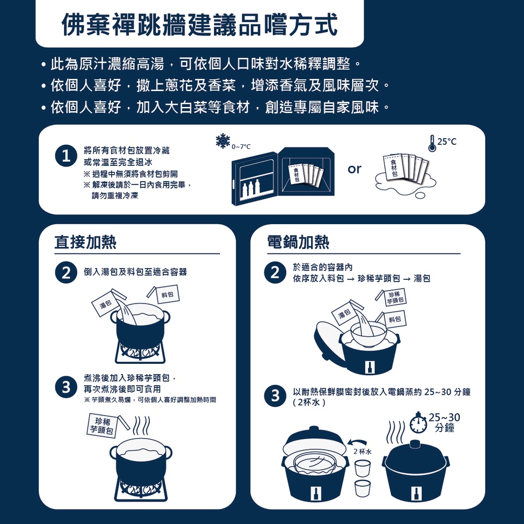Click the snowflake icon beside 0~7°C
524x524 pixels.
(223, 141)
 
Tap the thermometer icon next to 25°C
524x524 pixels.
(432, 143)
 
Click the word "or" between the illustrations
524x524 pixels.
(354, 169)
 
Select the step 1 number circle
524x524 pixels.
(66, 157)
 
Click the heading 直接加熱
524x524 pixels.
(85, 242)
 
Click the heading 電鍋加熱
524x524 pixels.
(298, 242)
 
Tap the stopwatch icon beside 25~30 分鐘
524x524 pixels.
(418, 423)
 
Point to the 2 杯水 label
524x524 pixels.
(362, 451)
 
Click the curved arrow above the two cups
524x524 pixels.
(357, 441)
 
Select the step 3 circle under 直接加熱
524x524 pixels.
(66, 387)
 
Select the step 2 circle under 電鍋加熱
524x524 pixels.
(275, 273)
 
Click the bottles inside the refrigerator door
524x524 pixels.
(251, 190)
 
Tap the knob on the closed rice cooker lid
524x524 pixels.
(415, 444)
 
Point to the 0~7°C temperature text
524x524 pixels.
(241, 147)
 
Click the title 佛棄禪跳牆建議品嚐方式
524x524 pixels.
(199, 24)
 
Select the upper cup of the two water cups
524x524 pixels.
(362, 468)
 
